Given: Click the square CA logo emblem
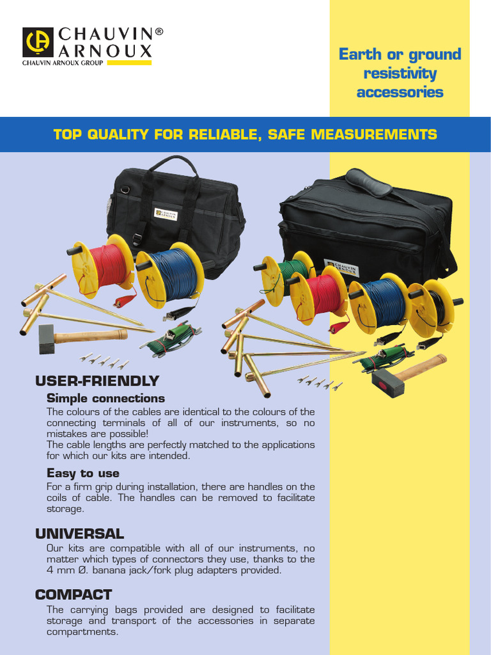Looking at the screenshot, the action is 38,42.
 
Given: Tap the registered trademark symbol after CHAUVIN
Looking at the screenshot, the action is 159,31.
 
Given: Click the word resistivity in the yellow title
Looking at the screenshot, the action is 400,74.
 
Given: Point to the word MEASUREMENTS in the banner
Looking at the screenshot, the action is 373,134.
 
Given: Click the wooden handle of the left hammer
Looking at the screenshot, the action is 91,336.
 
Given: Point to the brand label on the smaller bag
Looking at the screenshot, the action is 166,214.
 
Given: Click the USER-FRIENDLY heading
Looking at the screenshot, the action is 97,381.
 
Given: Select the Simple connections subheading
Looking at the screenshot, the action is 105,398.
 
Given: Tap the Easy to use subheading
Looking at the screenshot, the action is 83,473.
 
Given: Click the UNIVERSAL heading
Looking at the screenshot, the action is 80,534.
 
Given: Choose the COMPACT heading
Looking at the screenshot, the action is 74,595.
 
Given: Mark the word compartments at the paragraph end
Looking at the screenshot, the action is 82,632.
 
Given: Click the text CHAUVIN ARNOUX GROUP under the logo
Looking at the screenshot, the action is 63,63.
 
